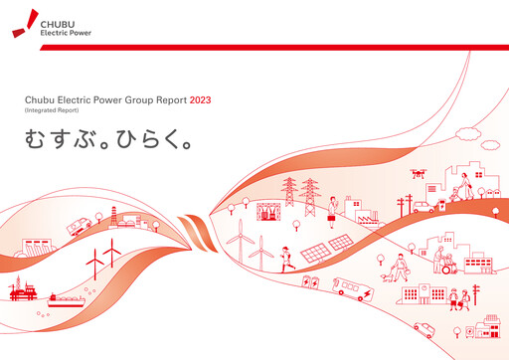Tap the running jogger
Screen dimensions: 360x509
(x=285, y=259)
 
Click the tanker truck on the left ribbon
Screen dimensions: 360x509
(x=80, y=227)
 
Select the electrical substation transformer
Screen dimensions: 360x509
(x=269, y=211)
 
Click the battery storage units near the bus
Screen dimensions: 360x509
(x=310, y=282)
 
